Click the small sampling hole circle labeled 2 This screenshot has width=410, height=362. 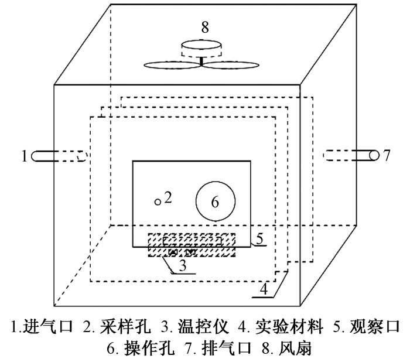tap(158, 202)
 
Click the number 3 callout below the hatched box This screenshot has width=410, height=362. tap(183, 265)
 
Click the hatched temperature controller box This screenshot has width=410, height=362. tap(191, 245)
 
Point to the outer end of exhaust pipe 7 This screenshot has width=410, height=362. tap(375, 155)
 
